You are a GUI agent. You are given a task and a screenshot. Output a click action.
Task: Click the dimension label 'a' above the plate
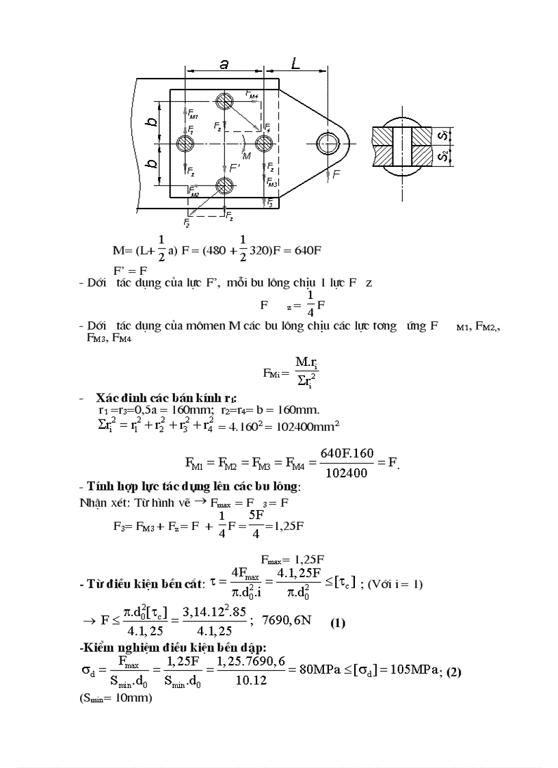(x=224, y=64)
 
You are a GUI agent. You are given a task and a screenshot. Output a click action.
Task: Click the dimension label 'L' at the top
(x=295, y=64)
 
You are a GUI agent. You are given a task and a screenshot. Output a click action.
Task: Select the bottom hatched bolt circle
(x=224, y=185)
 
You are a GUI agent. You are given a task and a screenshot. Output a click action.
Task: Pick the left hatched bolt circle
(x=185, y=144)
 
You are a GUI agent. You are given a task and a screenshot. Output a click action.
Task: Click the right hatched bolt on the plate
(x=264, y=144)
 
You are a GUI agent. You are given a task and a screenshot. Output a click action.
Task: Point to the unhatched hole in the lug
(x=327, y=144)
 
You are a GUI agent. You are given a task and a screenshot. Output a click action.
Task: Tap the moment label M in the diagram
(x=247, y=156)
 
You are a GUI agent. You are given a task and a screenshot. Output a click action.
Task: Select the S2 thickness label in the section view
(x=444, y=157)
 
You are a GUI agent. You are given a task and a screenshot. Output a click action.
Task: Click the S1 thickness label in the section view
(x=444, y=135)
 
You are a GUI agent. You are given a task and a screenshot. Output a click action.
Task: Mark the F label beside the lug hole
(x=336, y=175)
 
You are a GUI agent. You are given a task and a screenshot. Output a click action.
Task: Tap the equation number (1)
(x=338, y=623)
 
